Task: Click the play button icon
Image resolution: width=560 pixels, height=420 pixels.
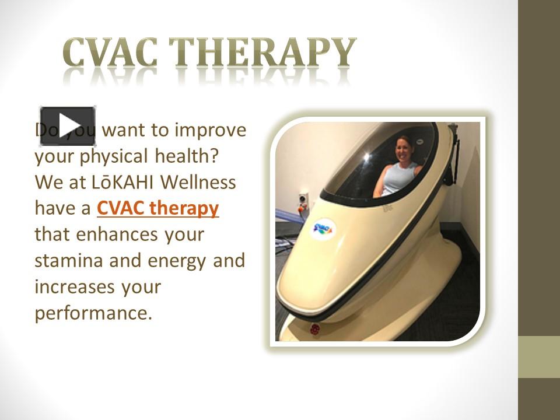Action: (67, 126)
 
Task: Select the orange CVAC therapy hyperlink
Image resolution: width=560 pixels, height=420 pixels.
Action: (157, 208)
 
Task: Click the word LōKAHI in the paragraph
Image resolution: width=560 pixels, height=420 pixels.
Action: (123, 183)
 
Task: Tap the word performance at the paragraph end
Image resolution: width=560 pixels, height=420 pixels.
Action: (93, 313)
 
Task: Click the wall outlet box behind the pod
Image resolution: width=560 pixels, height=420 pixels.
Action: (303, 201)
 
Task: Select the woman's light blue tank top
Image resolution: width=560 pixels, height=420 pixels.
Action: (400, 178)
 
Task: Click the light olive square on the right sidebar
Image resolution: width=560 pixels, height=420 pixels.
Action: (538, 356)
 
